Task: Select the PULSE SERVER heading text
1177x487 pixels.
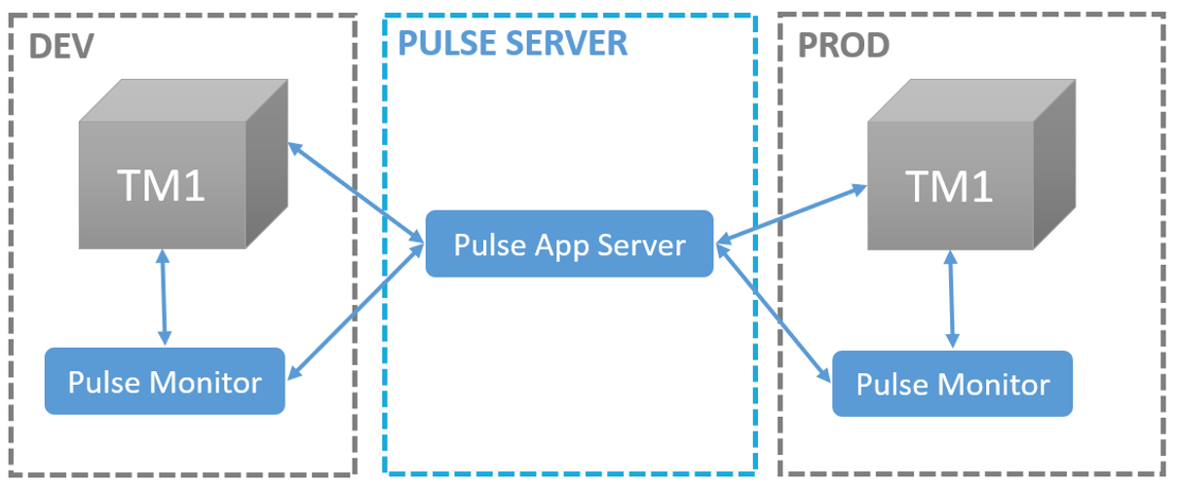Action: point(513,43)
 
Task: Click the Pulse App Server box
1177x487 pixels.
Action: point(569,244)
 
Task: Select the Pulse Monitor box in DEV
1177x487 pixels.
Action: point(165,382)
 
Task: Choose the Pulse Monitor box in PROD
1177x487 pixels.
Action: point(952,384)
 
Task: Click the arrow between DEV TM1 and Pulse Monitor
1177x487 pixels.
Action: point(164,297)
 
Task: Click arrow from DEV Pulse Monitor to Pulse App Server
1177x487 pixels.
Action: point(356,309)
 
